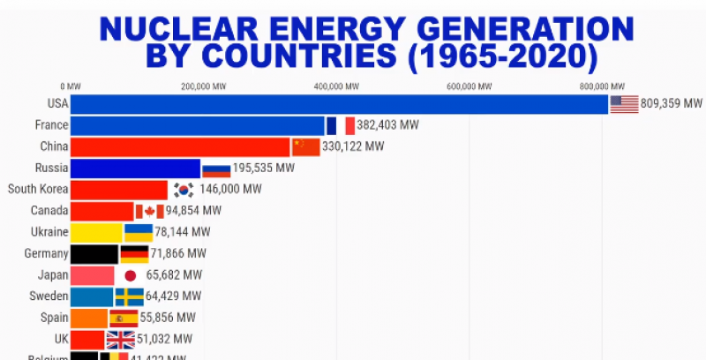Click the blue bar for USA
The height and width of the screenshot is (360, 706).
coord(340,104)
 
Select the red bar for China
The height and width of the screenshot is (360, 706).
coord(180,146)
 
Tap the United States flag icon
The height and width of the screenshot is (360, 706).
coord(624,104)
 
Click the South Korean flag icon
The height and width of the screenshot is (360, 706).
coord(184,190)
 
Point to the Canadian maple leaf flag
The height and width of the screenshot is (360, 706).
coord(149,211)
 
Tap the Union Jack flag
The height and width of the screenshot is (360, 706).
coord(120,340)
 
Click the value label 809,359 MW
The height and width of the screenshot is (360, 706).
coord(672,104)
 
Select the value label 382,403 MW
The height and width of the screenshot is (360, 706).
coord(389,125)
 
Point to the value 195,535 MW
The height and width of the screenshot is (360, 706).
coord(264,168)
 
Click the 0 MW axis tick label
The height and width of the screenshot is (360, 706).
coord(71,86)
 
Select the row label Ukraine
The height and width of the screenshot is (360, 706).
coord(49,232)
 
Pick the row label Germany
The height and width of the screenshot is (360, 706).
coord(47,254)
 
